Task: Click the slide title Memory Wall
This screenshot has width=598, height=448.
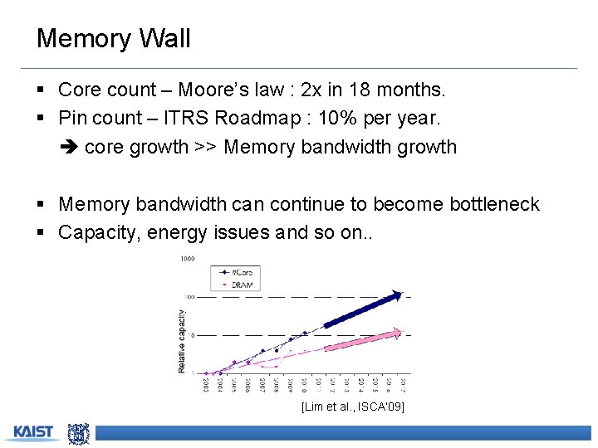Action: (114, 39)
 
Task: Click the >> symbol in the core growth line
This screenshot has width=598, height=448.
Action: (206, 148)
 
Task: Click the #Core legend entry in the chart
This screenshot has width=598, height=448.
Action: (243, 271)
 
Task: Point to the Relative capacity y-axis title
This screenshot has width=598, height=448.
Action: (182, 341)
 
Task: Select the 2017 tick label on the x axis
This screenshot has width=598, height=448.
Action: (401, 385)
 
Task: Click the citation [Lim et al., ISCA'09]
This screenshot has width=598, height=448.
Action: (352, 407)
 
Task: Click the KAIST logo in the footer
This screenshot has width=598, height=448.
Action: (32, 432)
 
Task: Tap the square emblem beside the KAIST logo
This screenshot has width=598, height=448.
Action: (78, 432)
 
